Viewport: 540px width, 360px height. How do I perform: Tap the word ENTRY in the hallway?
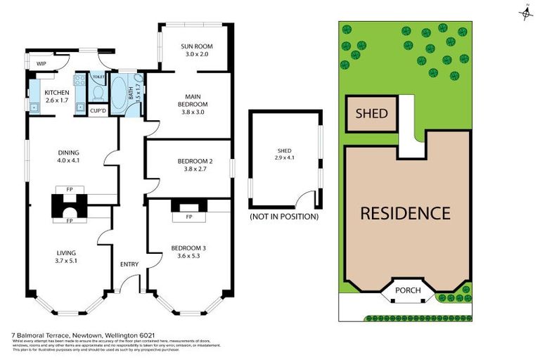click(x=129, y=264)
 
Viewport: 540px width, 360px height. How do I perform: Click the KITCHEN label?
click(x=56, y=93)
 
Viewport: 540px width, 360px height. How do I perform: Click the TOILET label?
click(x=98, y=76)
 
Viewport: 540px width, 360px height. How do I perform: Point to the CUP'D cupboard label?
click(x=98, y=110)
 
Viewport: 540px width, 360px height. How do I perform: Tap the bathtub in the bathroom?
click(x=120, y=96)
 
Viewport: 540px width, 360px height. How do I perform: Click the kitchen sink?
click(x=34, y=108)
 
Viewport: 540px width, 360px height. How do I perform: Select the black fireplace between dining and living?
click(x=70, y=207)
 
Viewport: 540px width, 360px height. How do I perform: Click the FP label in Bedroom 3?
click(x=189, y=217)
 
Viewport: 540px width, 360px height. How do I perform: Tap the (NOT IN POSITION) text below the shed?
click(x=284, y=217)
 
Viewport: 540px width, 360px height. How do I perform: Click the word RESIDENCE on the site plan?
click(x=405, y=213)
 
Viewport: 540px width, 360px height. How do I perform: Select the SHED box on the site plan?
click(x=371, y=113)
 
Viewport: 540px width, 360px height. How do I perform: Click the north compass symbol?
click(x=525, y=12)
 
